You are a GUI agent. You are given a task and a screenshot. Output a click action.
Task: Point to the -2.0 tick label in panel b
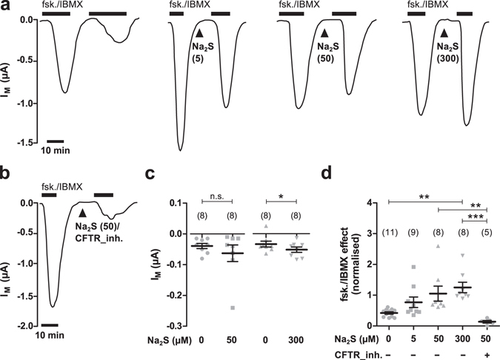click(24, 325)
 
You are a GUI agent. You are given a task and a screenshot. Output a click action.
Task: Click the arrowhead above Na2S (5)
click(199, 33)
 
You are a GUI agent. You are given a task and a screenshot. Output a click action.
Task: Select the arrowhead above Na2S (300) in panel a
click(444, 33)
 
